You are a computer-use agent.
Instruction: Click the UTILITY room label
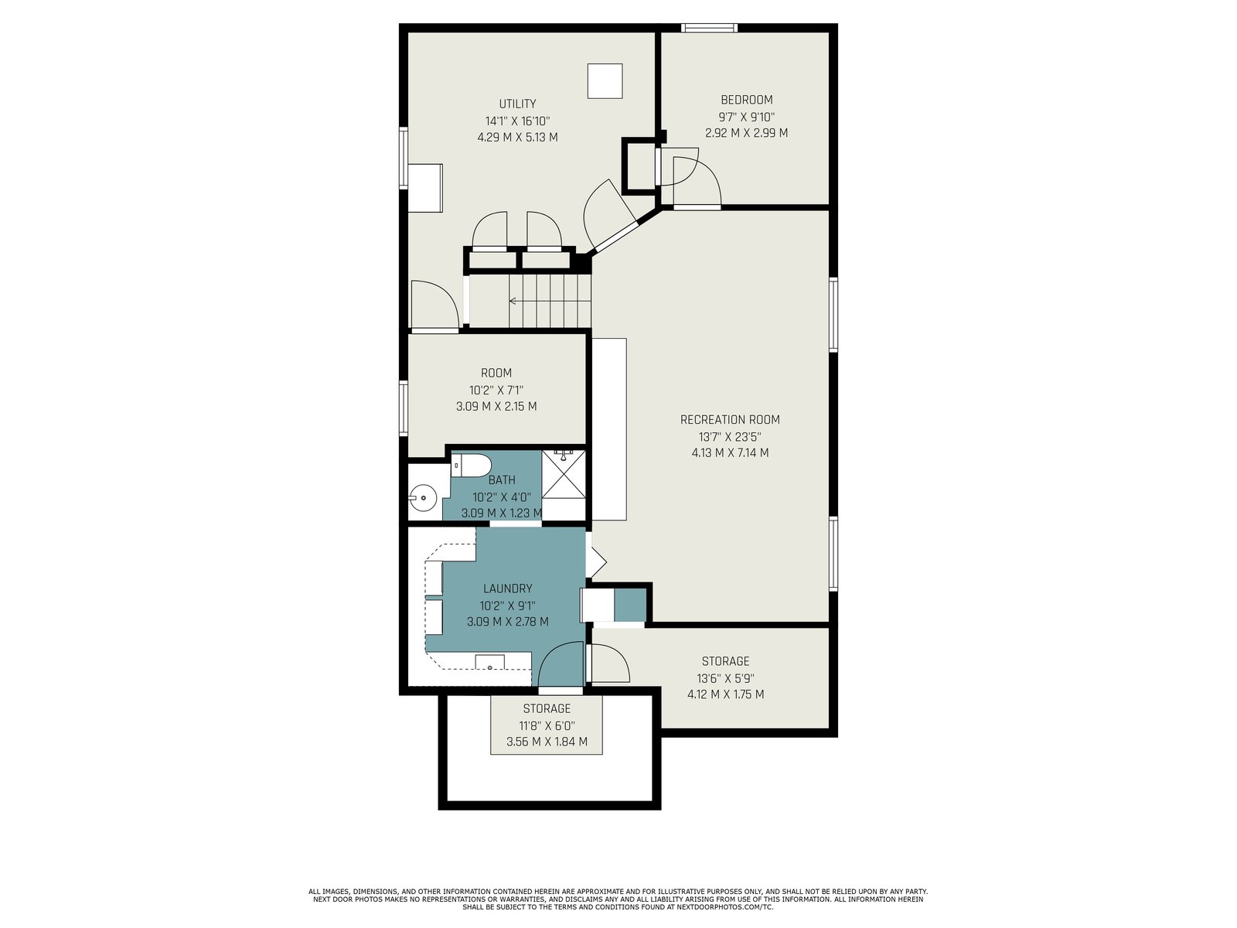516,104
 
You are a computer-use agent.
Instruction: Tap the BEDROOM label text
746,100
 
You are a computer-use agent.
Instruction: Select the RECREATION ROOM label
730,419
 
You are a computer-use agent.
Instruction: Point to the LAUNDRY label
507,589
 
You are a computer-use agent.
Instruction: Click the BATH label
502,480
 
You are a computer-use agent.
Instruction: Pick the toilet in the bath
471,466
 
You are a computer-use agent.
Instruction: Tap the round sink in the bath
423,498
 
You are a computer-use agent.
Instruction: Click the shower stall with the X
563,474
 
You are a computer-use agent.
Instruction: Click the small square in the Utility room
605,81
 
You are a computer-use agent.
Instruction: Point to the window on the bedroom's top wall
709,28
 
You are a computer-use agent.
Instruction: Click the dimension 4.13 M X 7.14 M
730,452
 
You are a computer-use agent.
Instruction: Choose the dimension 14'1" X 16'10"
516,121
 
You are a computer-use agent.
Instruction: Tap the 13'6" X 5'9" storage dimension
725,678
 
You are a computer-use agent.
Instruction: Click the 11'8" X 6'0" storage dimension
547,725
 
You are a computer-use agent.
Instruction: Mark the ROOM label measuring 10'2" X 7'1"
496,373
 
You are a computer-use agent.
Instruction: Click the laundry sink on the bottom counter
489,661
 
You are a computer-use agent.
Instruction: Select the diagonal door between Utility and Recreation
615,237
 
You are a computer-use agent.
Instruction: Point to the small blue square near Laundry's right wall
629,604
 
